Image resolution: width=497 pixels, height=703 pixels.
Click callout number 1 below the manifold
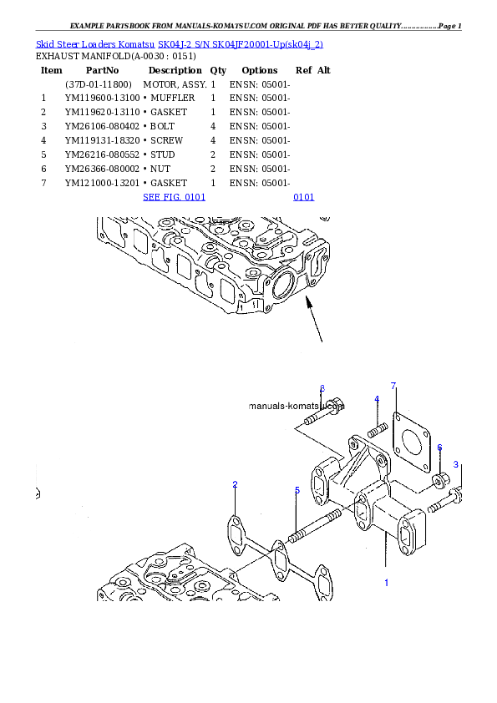click(x=386, y=583)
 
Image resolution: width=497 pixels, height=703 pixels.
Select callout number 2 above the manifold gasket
click(x=236, y=484)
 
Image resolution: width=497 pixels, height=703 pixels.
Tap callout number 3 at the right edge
click(x=456, y=464)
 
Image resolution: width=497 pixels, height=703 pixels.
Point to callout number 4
click(x=377, y=399)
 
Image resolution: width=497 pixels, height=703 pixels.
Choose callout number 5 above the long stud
click(x=297, y=490)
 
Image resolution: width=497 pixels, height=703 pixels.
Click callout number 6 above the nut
click(x=439, y=448)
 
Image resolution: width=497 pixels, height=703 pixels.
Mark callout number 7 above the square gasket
click(x=393, y=385)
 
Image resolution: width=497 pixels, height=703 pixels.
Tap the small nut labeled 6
click(x=439, y=481)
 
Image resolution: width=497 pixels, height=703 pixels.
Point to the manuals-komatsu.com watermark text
click(x=297, y=406)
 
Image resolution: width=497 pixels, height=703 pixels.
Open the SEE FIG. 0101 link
click(x=174, y=198)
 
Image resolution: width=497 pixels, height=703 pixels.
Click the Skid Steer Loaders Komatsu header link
click(x=179, y=43)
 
